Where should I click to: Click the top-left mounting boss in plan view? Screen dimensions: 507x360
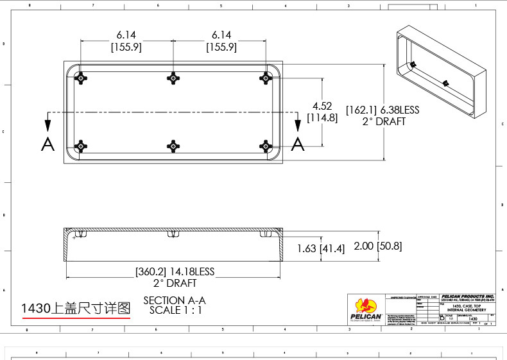81,78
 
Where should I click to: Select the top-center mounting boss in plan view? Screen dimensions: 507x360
173,78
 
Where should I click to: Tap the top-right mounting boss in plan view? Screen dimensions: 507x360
264,78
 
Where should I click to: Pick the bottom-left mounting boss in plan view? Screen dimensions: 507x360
81,146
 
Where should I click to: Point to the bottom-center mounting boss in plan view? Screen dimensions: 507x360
173,146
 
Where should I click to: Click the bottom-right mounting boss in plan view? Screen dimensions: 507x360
264,146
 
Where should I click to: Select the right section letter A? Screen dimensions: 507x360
297,144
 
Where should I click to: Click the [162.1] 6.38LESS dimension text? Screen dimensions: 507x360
382,110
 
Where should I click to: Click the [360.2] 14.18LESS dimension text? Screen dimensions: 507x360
175,271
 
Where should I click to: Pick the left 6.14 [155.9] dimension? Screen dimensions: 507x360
126,41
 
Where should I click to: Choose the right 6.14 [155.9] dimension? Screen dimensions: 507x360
221,41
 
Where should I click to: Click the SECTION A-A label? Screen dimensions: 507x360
175,300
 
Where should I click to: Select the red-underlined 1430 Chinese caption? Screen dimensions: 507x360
76,308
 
